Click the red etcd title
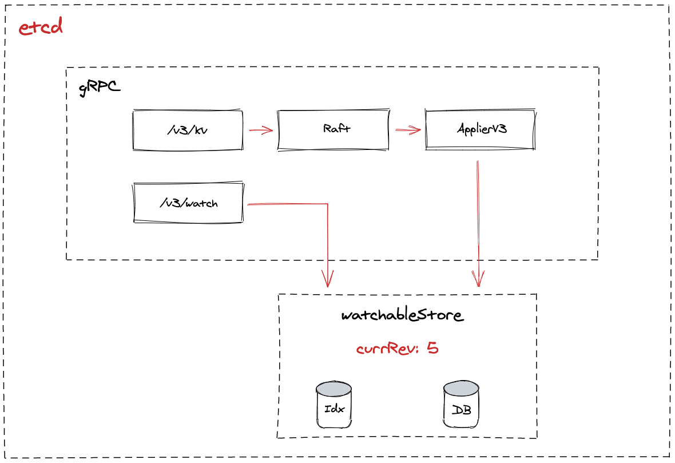coord(40,27)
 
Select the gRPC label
coord(100,88)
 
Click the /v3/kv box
coord(188,130)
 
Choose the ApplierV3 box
coord(481,129)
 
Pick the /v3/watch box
coord(188,203)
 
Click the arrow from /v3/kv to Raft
coord(261,130)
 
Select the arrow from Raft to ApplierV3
coord(408,130)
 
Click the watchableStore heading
coord(402,315)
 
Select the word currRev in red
coord(386,349)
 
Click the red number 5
coord(432,348)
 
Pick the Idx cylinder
coord(333,406)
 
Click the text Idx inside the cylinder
coord(333,410)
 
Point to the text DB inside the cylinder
coord(461,410)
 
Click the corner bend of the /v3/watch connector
coord(327,204)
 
